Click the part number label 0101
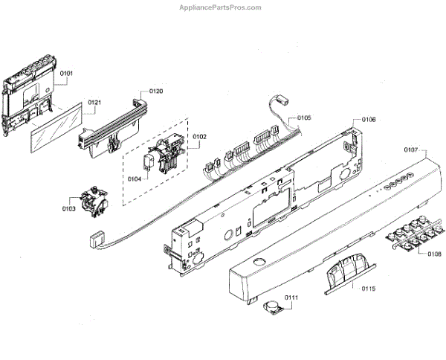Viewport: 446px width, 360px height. tap(67, 74)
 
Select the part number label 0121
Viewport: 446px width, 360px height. tap(94, 102)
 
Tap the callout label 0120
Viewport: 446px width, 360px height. tap(156, 91)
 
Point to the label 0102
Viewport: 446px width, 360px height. tap(199, 136)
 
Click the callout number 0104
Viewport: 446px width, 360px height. tap(134, 179)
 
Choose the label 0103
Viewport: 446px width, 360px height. tap(68, 209)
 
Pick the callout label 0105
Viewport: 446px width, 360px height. tap(305, 118)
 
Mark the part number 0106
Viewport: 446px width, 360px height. tap(369, 120)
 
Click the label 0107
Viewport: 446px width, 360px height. tap(411, 150)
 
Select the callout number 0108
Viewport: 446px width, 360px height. tap(434, 253)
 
